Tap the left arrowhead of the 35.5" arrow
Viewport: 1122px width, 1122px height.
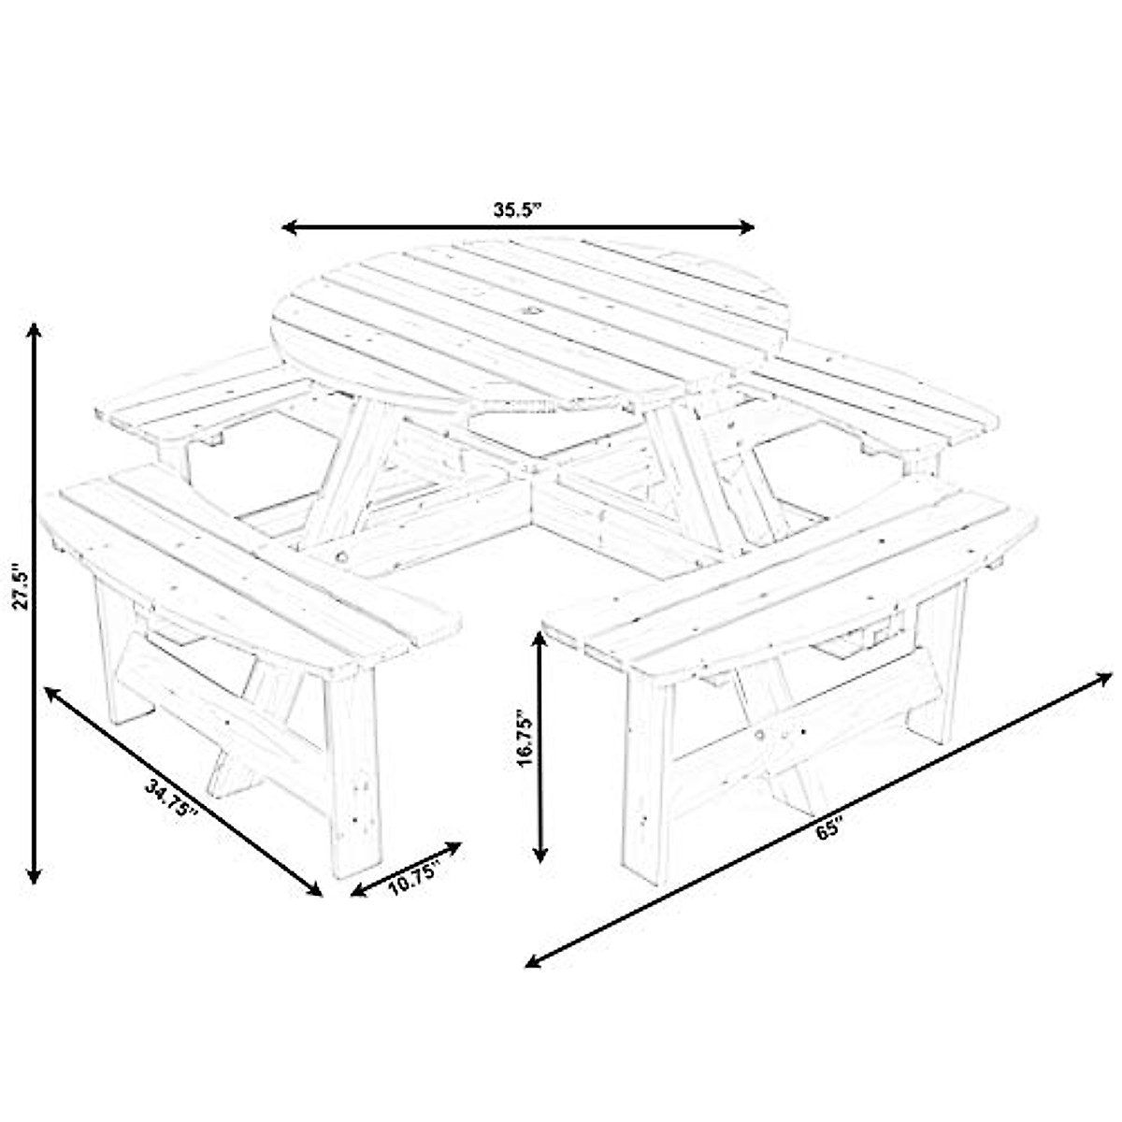pyautogui.click(x=289, y=227)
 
